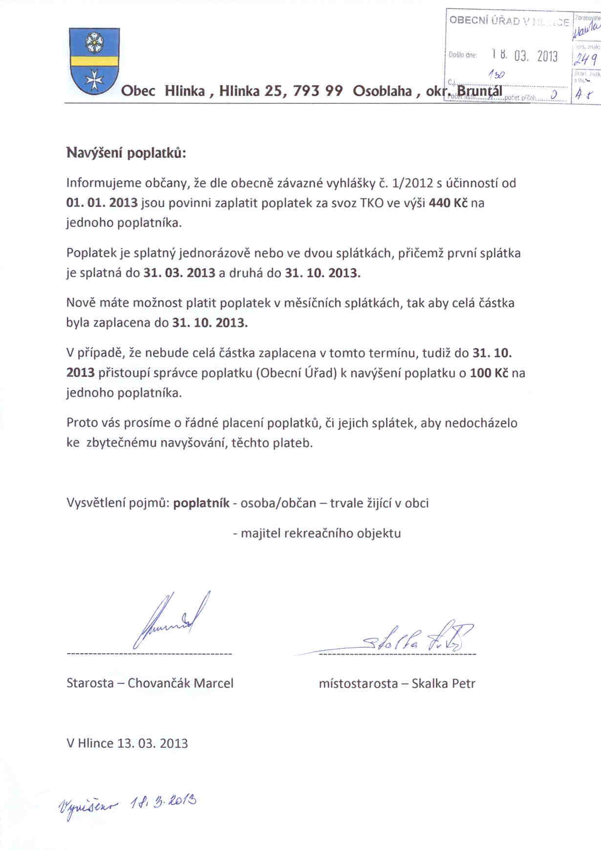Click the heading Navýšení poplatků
[x=127, y=152]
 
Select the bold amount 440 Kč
[x=448, y=203]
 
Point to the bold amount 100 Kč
[x=489, y=373]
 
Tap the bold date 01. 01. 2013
[x=102, y=203]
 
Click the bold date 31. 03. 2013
[x=179, y=273]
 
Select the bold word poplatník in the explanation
[x=201, y=503]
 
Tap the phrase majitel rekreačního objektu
[x=321, y=533]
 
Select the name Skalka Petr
[x=443, y=683]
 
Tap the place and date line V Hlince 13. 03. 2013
[x=127, y=743]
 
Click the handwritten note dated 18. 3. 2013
[x=128, y=803]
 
